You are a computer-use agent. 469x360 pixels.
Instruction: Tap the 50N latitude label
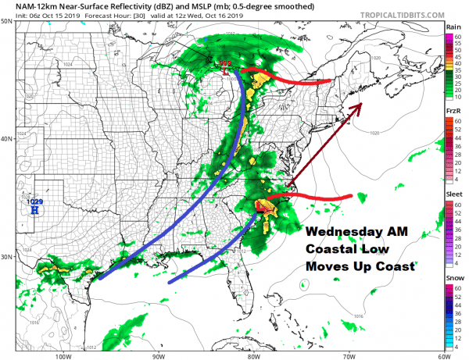(5, 22)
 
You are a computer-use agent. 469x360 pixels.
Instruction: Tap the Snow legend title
(453, 279)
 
